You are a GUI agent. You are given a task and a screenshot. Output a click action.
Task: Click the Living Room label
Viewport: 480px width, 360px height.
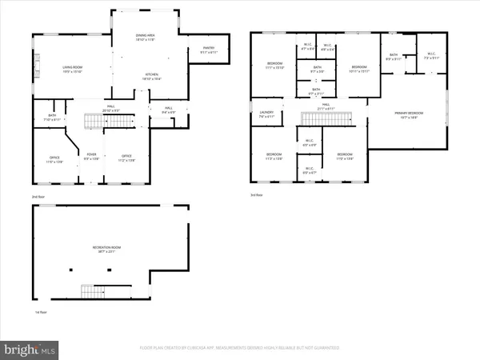pos(73,67)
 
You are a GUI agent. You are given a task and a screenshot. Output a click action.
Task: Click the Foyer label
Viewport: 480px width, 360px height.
pos(92,155)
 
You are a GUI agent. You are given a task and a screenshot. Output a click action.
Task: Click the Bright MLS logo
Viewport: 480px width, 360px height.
pos(30,349)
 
